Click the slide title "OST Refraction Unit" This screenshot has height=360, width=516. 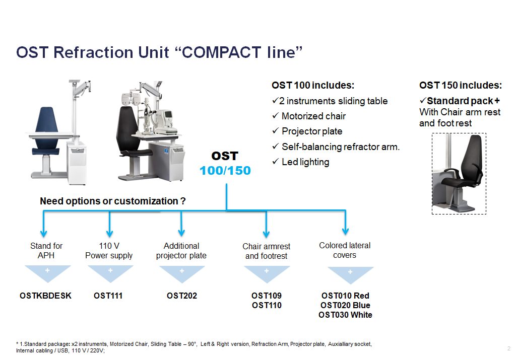tap(93, 52)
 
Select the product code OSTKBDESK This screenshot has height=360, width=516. tap(45, 296)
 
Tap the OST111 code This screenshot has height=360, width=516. tap(108, 296)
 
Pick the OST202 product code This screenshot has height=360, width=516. tap(182, 296)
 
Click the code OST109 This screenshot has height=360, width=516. tap(267, 296)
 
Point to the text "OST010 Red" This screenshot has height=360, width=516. tap(345, 296)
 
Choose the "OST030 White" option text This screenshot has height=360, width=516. tap(345, 315)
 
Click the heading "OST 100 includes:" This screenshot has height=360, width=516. tap(313, 86)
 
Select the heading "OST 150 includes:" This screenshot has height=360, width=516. tap(461, 86)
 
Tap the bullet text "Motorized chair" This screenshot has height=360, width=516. tap(313, 116)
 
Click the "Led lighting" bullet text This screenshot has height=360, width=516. tap(305, 162)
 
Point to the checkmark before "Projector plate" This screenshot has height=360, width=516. tap(276, 131)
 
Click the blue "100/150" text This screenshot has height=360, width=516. tap(225, 171)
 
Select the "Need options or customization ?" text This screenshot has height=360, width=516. tap(112, 201)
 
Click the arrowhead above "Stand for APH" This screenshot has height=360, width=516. tap(43, 234)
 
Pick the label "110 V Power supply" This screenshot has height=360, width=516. tap(109, 251)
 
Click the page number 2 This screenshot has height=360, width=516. tap(509, 348)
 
